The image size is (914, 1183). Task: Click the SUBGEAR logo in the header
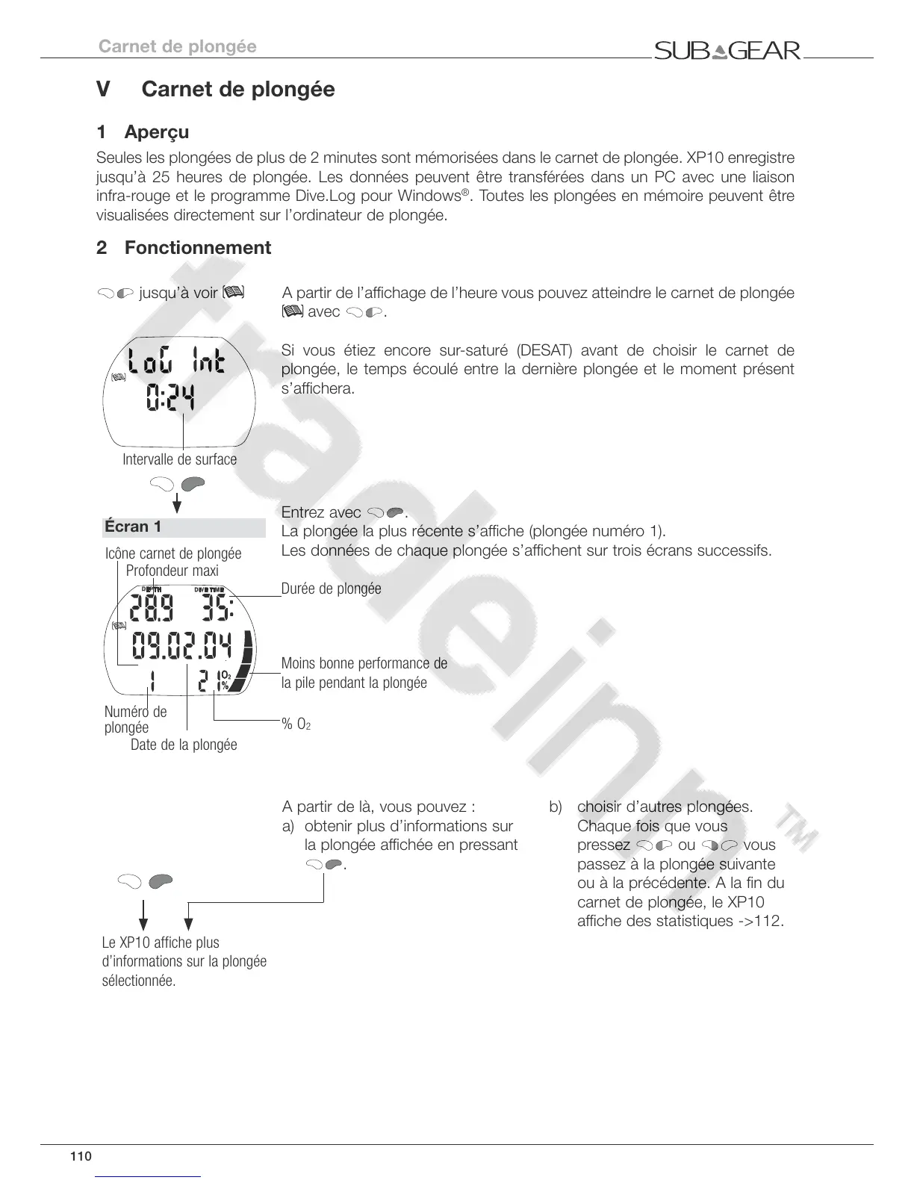[727, 51]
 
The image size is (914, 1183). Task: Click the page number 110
[81, 1157]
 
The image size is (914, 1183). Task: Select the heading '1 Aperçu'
[143, 132]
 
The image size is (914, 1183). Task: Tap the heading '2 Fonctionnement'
[184, 247]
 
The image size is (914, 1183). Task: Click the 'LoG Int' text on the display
[176, 364]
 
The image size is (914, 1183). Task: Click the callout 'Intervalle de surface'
[179, 459]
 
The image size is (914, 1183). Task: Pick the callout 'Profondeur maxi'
[172, 571]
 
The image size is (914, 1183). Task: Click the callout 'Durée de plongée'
[331, 589]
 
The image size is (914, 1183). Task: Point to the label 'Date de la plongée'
[184, 745]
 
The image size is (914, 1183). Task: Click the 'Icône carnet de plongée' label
[173, 553]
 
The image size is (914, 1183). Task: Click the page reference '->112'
[760, 921]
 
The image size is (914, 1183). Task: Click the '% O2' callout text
[296, 724]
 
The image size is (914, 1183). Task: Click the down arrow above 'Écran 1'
[178, 503]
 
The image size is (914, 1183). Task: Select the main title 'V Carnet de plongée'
[216, 90]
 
